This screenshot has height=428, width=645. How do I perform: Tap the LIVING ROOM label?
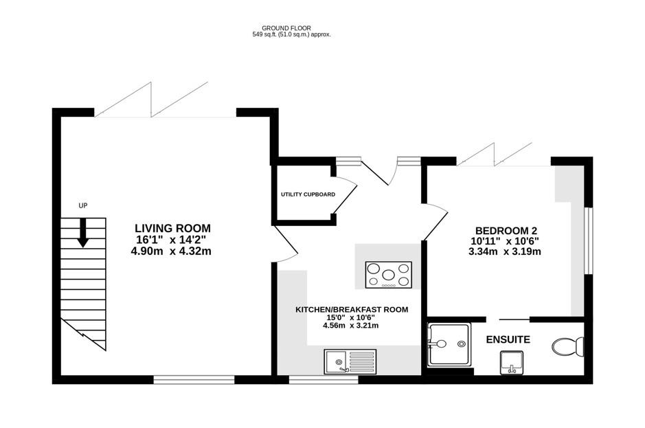tap(172, 228)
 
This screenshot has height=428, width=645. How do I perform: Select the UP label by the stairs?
tap(83, 205)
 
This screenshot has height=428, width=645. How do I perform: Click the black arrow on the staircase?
tap(83, 232)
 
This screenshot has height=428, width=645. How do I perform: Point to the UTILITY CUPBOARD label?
tap(308, 194)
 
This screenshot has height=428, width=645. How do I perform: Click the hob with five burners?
tap(388, 275)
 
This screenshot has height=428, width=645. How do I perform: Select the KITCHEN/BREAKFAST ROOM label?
tap(351, 310)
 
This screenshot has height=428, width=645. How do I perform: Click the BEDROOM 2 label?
tap(506, 230)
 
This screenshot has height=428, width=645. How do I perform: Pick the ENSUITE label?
tap(508, 339)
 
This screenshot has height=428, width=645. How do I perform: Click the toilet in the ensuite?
tap(567, 347)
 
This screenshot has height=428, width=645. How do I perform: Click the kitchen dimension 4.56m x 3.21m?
tap(351, 326)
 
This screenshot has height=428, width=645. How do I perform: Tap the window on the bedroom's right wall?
tap(588, 240)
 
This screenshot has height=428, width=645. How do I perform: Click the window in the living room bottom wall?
tap(194, 379)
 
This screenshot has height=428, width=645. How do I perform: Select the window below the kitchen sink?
tap(323, 379)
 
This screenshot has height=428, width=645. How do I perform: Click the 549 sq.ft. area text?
tap(292, 34)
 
